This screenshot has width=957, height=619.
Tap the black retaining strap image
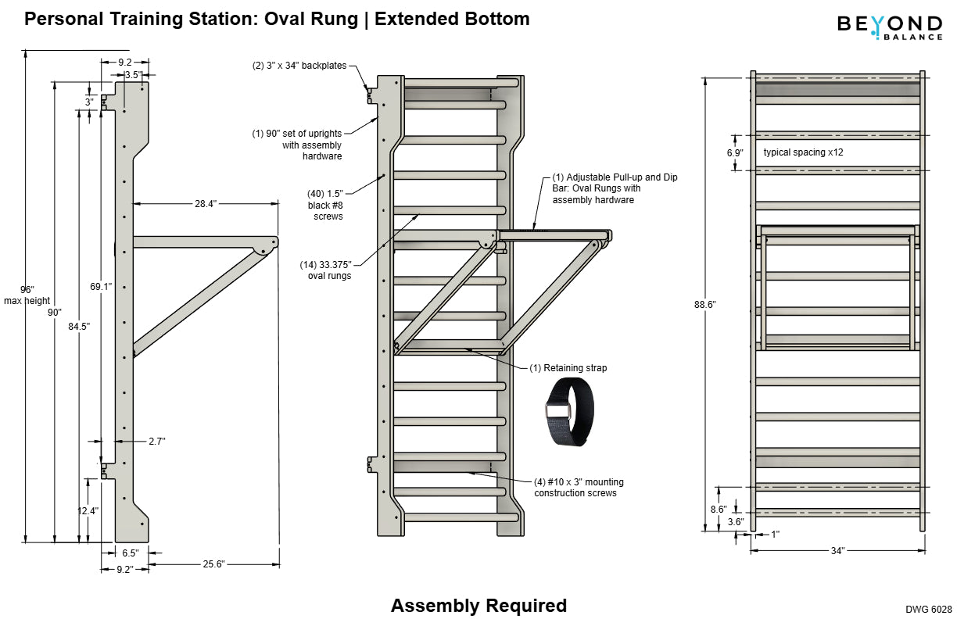click(568, 411)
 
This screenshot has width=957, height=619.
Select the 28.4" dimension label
click(206, 203)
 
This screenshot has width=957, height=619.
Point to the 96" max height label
click(27, 295)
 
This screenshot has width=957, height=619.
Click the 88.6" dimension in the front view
click(704, 304)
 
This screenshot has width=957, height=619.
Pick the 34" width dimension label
click(837, 551)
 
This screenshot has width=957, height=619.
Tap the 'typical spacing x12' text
click(803, 152)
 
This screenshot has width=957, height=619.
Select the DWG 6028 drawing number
click(928, 609)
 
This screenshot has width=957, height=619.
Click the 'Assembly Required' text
click(478, 606)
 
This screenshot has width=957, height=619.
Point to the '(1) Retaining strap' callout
click(568, 367)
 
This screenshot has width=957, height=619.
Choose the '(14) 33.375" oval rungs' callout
click(326, 270)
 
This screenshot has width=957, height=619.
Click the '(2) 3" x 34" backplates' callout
click(299, 66)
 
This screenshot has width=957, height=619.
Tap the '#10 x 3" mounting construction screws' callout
click(579, 488)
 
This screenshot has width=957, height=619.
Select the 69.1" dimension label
click(101, 287)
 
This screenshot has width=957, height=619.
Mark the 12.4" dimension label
click(88, 511)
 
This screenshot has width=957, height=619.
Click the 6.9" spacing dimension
click(735, 152)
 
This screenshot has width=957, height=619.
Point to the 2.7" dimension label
click(156, 442)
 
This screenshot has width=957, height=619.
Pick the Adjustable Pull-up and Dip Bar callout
click(615, 188)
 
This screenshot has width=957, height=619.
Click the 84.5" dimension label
click(79, 326)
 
